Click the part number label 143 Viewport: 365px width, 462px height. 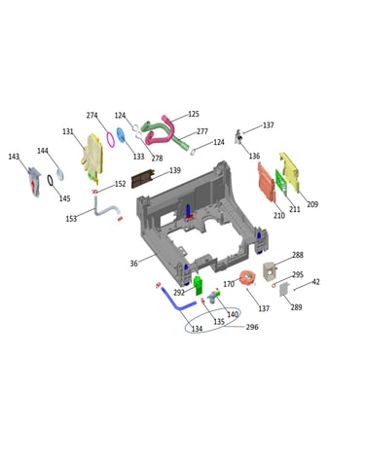14,157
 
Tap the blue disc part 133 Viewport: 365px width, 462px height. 121,134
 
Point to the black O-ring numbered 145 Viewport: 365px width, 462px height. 50,181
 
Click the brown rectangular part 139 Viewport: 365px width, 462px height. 142,178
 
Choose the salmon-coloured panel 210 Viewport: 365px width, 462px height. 267,182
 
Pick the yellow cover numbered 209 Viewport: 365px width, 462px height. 289,172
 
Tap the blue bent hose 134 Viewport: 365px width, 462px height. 177,301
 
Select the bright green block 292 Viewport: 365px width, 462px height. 198,285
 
